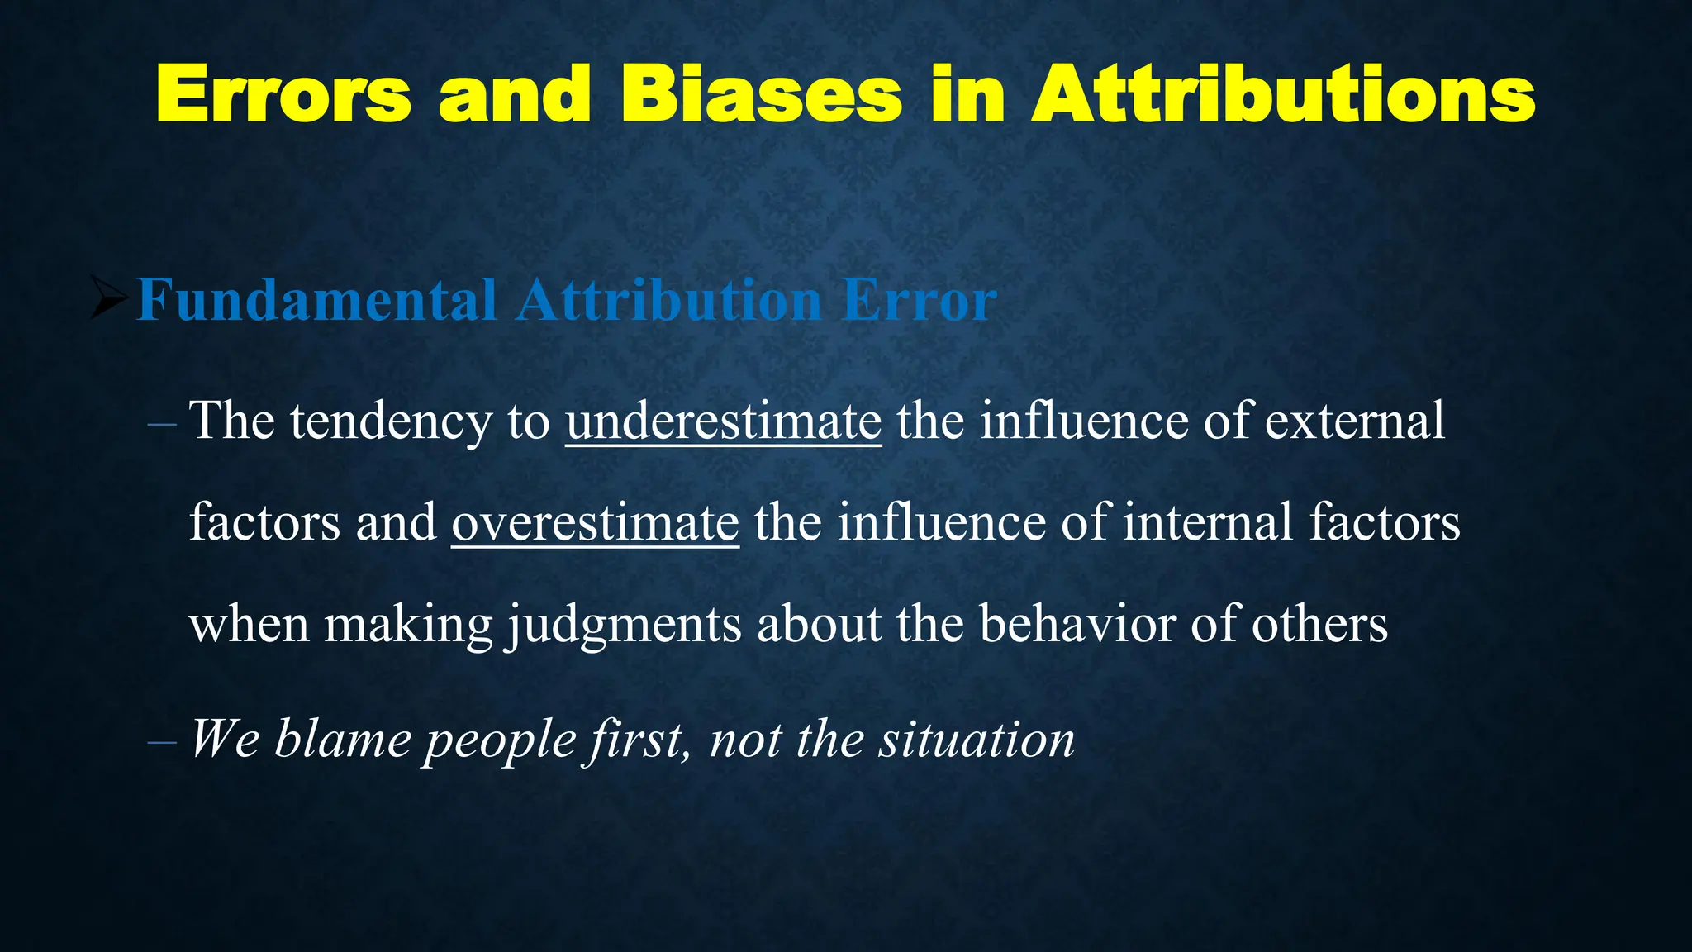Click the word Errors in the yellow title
click(283, 94)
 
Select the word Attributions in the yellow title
click(1283, 94)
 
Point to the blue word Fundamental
click(316, 299)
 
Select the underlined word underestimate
click(724, 421)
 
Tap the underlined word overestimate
click(595, 522)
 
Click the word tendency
click(391, 422)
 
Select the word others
click(1319, 624)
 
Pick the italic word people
click(500, 740)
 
